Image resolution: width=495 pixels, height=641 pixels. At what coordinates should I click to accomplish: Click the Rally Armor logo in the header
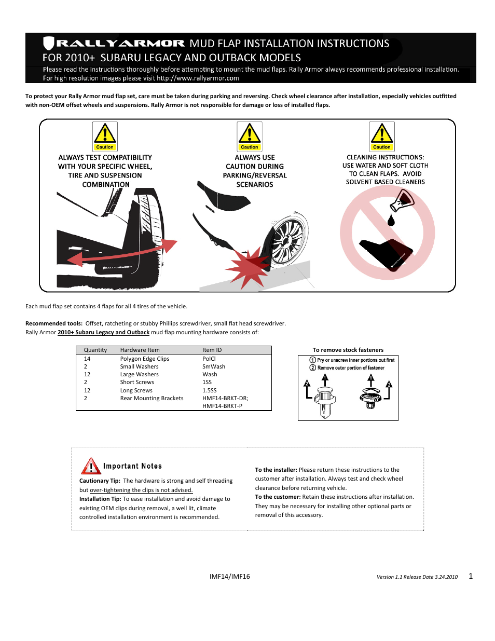coord(114,44)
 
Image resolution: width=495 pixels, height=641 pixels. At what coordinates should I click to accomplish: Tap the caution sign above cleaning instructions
coord(382,136)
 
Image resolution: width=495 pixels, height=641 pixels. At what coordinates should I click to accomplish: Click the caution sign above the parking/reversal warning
coord(250,136)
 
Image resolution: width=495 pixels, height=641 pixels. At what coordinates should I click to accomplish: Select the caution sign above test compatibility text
coord(105,136)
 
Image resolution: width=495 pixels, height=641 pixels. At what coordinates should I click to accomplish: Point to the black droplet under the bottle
coord(391,220)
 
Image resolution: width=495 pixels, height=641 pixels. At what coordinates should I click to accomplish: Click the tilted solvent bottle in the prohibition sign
coord(402,200)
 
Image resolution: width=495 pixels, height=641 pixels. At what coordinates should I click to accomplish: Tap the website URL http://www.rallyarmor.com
coord(198,78)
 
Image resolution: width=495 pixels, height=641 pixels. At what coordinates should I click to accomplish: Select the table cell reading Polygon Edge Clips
coord(145,359)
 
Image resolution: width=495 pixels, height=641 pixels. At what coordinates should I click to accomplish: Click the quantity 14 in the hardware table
coord(87,359)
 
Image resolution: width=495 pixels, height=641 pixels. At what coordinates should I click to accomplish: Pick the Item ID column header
coord(212,350)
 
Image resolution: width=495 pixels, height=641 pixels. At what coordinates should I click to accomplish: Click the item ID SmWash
coord(214,366)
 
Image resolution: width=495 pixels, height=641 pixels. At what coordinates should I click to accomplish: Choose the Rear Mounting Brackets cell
coord(152,398)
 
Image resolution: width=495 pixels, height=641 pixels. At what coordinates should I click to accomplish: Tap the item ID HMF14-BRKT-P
coord(222,406)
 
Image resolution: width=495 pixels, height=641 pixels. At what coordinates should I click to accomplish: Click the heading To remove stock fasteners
coord(348,350)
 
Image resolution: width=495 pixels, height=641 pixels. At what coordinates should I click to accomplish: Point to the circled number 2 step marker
coord(313,367)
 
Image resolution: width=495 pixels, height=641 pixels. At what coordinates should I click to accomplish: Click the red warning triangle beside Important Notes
coord(91,466)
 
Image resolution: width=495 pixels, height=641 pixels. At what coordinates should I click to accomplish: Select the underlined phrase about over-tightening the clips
coord(141,490)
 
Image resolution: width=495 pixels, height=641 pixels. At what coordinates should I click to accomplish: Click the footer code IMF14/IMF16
coord(229,576)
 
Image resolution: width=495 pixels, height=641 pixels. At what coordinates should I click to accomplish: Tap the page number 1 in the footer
coord(471,576)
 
